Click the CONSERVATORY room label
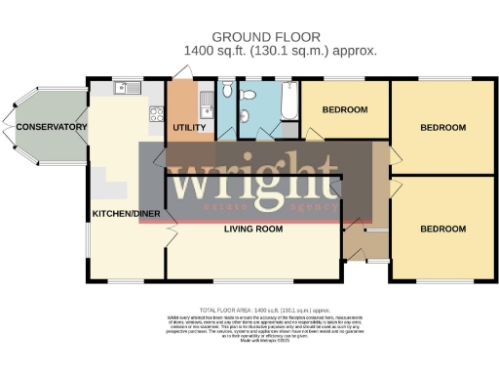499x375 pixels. click(x=45, y=126)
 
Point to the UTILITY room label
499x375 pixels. click(x=187, y=128)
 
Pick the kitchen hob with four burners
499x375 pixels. click(x=156, y=115)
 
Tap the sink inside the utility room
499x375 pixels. click(x=205, y=98)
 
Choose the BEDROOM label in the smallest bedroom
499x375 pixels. click(x=344, y=109)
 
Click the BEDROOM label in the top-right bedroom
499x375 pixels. click(x=443, y=128)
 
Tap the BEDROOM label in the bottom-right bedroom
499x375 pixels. click(x=443, y=229)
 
